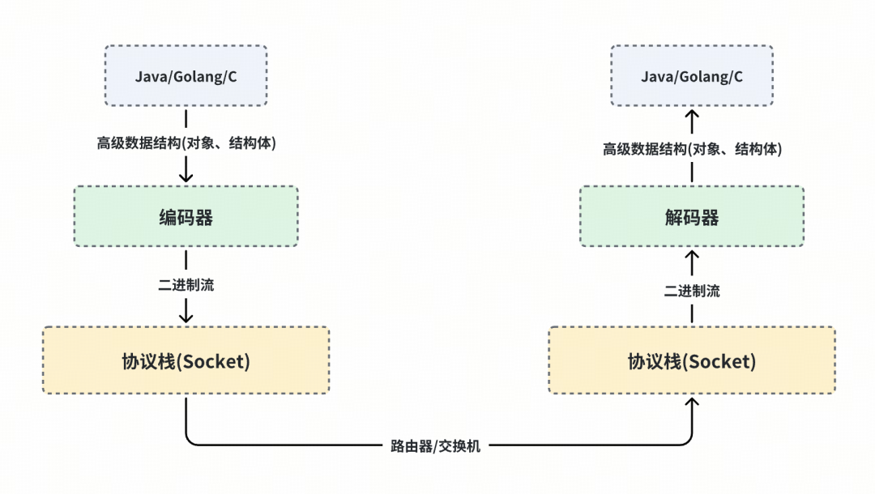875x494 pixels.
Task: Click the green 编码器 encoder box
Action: (186, 216)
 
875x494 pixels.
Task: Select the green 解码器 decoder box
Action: (691, 216)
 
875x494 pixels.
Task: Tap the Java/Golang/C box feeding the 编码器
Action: (186, 76)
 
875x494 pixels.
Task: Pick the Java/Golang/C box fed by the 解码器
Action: (691, 76)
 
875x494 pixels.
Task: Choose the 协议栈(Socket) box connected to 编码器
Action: (186, 360)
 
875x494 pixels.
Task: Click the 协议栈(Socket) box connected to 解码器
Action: (691, 360)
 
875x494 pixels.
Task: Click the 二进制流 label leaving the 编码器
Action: (186, 284)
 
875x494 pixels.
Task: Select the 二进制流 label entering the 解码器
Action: (691, 290)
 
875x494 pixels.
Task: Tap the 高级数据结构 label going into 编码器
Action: (186, 143)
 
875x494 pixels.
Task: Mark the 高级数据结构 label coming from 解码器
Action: (691, 149)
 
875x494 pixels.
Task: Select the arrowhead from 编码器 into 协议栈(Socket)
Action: (186, 317)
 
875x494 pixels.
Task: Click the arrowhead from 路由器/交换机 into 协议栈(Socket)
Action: (691, 402)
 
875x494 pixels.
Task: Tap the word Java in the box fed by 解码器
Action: (655, 76)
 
